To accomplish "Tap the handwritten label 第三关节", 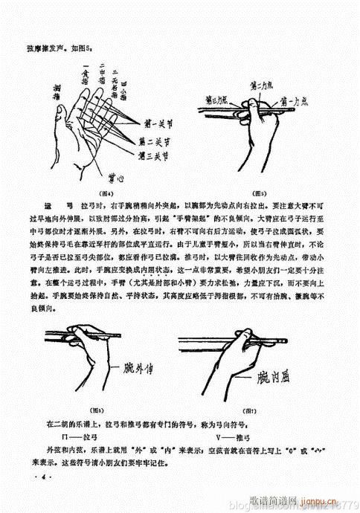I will click(154, 154).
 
